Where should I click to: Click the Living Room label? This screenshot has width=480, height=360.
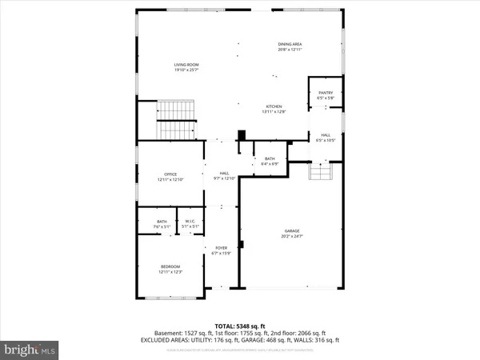[x=186, y=64]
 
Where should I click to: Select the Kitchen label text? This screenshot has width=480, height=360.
[x=274, y=106]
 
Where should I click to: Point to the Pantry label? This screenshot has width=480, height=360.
[x=326, y=93]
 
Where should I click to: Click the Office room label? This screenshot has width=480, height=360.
[x=170, y=174]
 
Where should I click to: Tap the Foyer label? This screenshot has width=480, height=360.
[x=221, y=248]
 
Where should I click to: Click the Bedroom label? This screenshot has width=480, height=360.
[x=170, y=266]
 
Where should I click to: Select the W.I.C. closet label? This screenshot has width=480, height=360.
[x=190, y=222]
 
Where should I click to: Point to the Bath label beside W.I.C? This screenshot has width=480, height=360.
[x=162, y=222]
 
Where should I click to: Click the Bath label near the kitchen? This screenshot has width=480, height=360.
[x=270, y=158]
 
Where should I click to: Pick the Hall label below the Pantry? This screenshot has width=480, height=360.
[x=326, y=134]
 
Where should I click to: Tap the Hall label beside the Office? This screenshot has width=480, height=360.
[x=225, y=173]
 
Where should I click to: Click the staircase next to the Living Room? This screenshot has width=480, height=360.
[x=176, y=120]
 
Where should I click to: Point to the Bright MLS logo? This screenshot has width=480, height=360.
[x=30, y=350]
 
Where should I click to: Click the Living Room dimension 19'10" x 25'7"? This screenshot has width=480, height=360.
[x=186, y=70]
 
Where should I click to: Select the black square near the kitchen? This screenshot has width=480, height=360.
[x=239, y=136]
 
